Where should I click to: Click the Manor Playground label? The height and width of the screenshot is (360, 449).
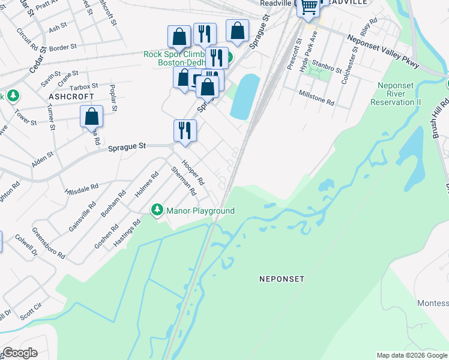tap(200, 211)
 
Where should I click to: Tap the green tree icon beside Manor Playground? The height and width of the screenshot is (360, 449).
tap(157, 210)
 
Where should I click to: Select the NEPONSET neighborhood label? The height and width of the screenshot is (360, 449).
tap(282, 279)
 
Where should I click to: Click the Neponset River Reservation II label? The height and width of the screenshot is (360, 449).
tap(396, 94)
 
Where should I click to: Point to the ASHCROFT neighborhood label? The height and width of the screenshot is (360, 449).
tap(71, 96)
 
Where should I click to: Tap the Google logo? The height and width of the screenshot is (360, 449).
tap(20, 353)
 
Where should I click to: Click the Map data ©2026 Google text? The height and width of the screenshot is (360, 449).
tap(412, 355)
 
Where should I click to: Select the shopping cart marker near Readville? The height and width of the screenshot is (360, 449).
tap(309, 7)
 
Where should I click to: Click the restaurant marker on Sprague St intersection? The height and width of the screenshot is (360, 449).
tap(185, 130)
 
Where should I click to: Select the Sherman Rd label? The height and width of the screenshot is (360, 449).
tap(184, 181)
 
